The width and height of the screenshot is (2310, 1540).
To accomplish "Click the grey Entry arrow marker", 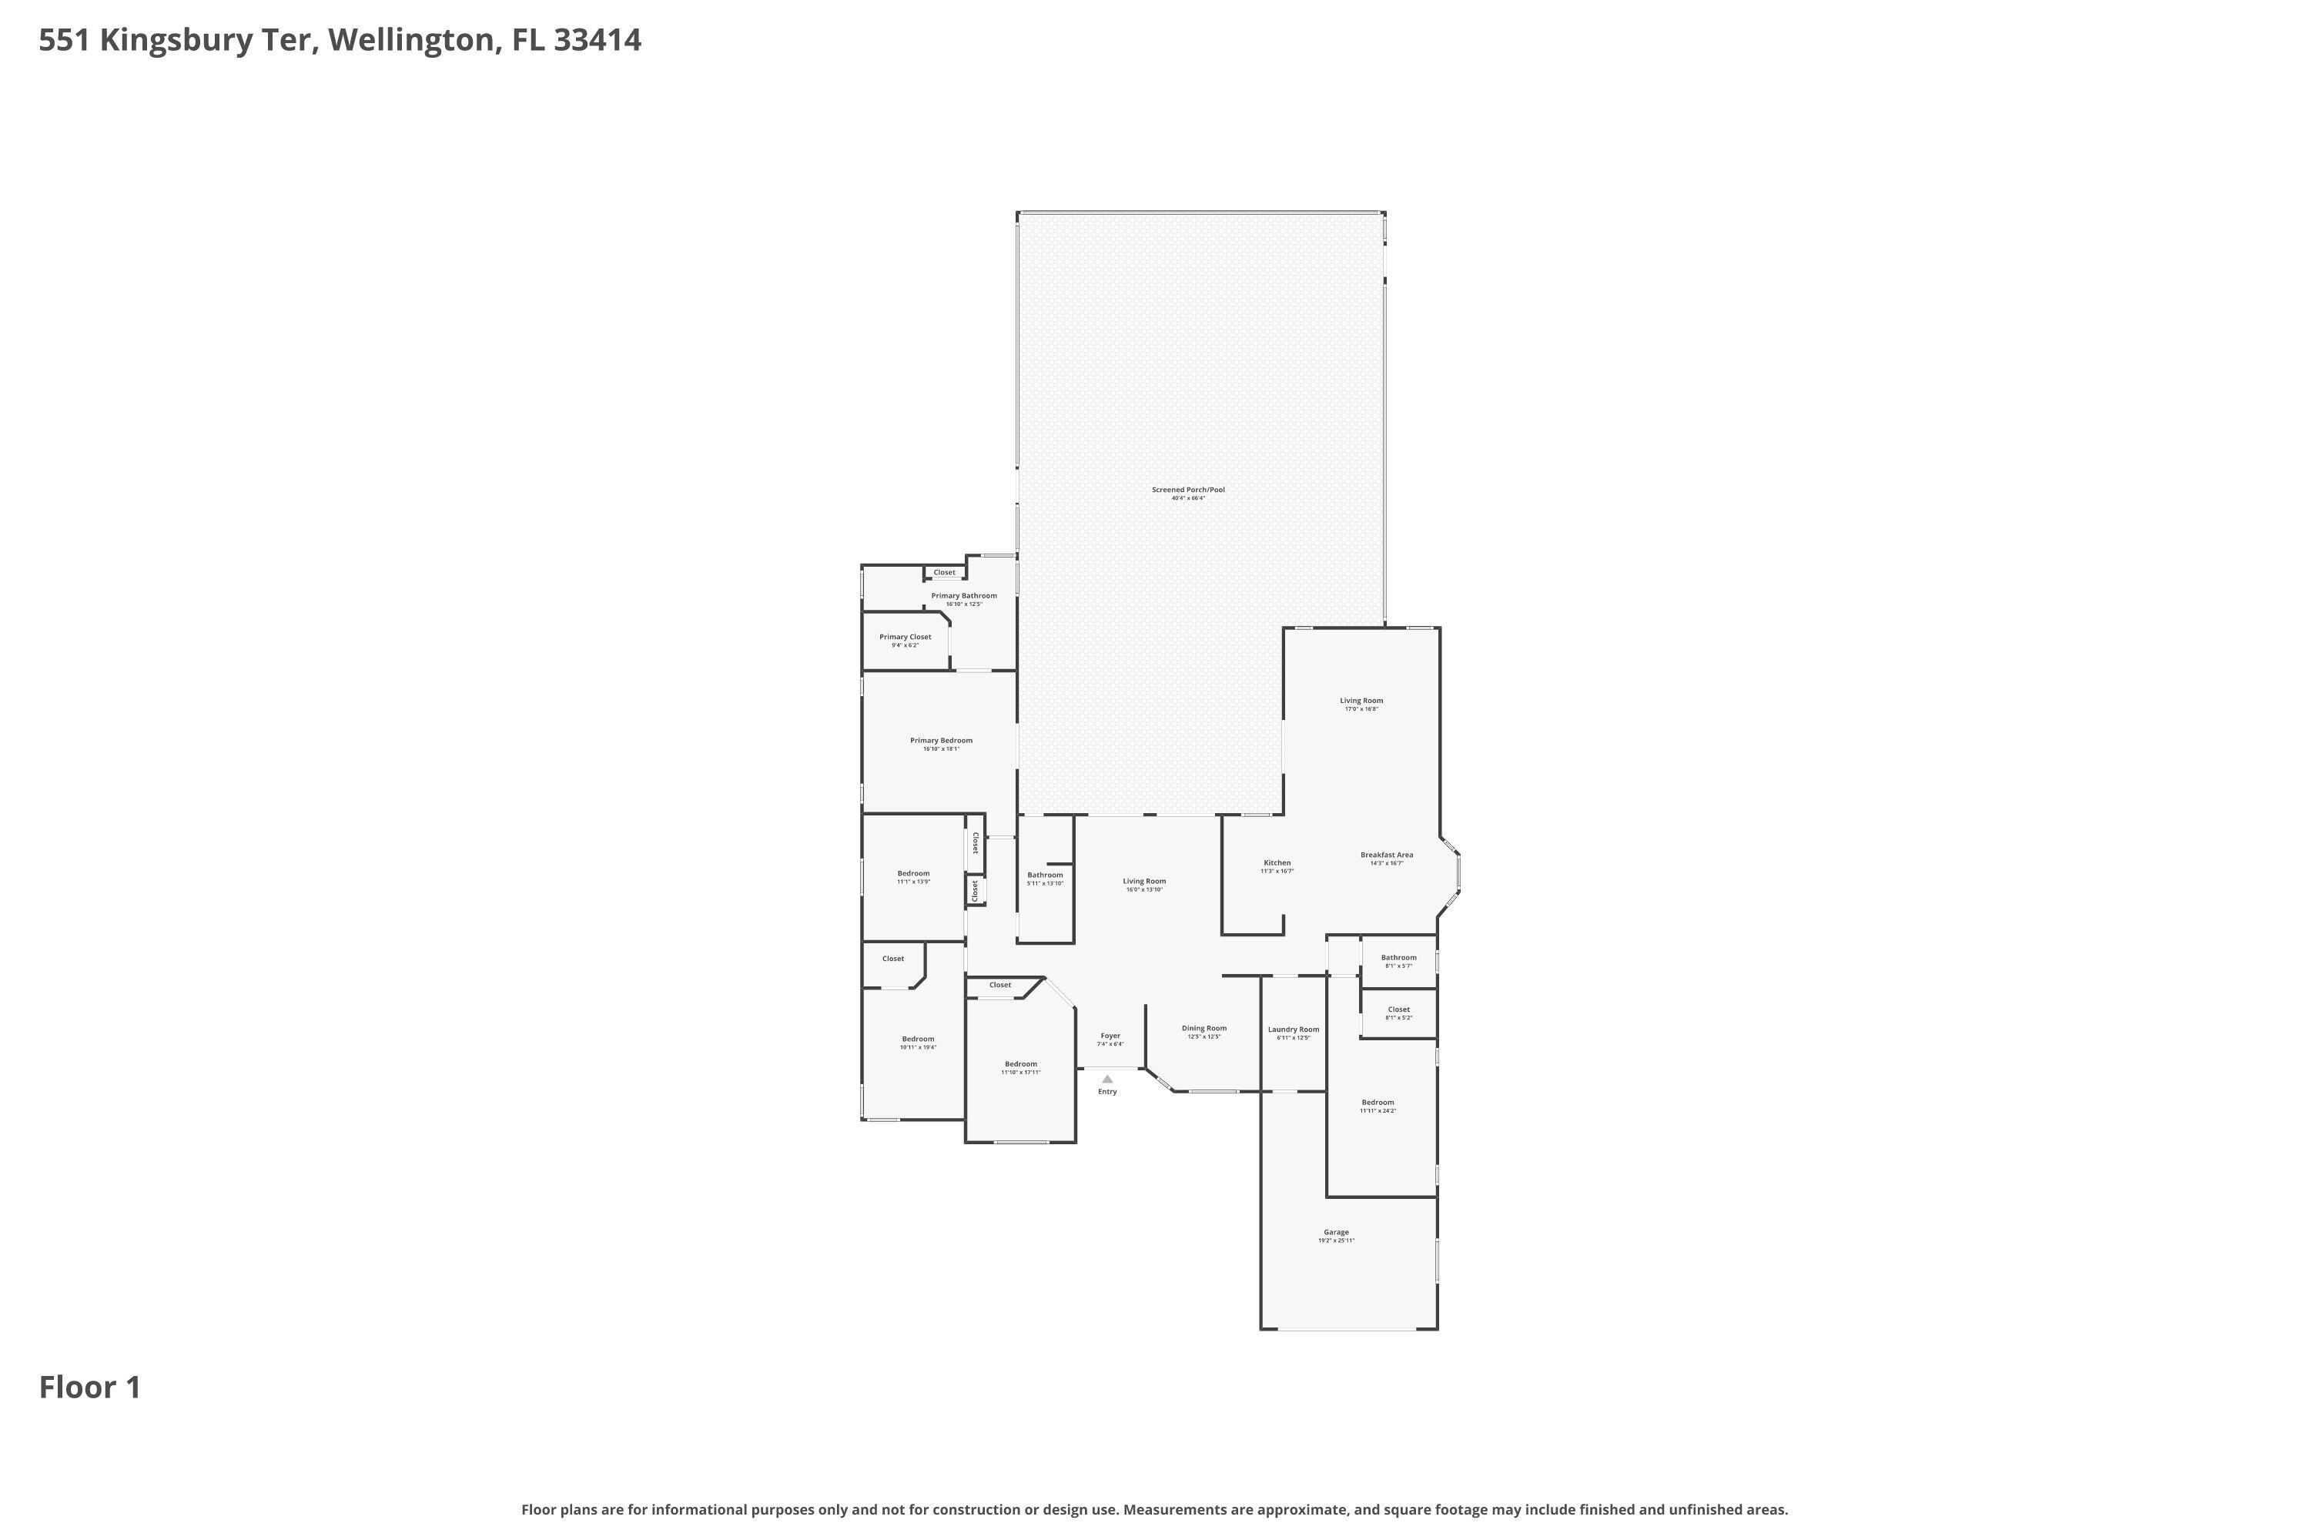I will point(1107,1079).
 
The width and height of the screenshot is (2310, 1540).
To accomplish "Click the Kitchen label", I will point(1277,863).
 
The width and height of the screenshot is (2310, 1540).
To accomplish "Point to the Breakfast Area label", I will point(1386,855).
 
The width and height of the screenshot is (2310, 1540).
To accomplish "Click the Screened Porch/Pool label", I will point(1187,490).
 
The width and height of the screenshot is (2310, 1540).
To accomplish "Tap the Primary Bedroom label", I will point(941,741).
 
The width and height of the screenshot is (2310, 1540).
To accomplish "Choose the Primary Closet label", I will point(905,638).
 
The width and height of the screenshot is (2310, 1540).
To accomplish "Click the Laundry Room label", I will point(1293,1029).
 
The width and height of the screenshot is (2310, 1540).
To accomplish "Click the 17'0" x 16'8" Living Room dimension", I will point(1361,709).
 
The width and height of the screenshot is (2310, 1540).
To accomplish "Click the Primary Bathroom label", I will point(963,596).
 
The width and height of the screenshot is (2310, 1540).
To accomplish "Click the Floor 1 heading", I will point(89,1388).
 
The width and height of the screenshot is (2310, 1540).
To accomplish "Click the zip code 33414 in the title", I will point(598,40).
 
